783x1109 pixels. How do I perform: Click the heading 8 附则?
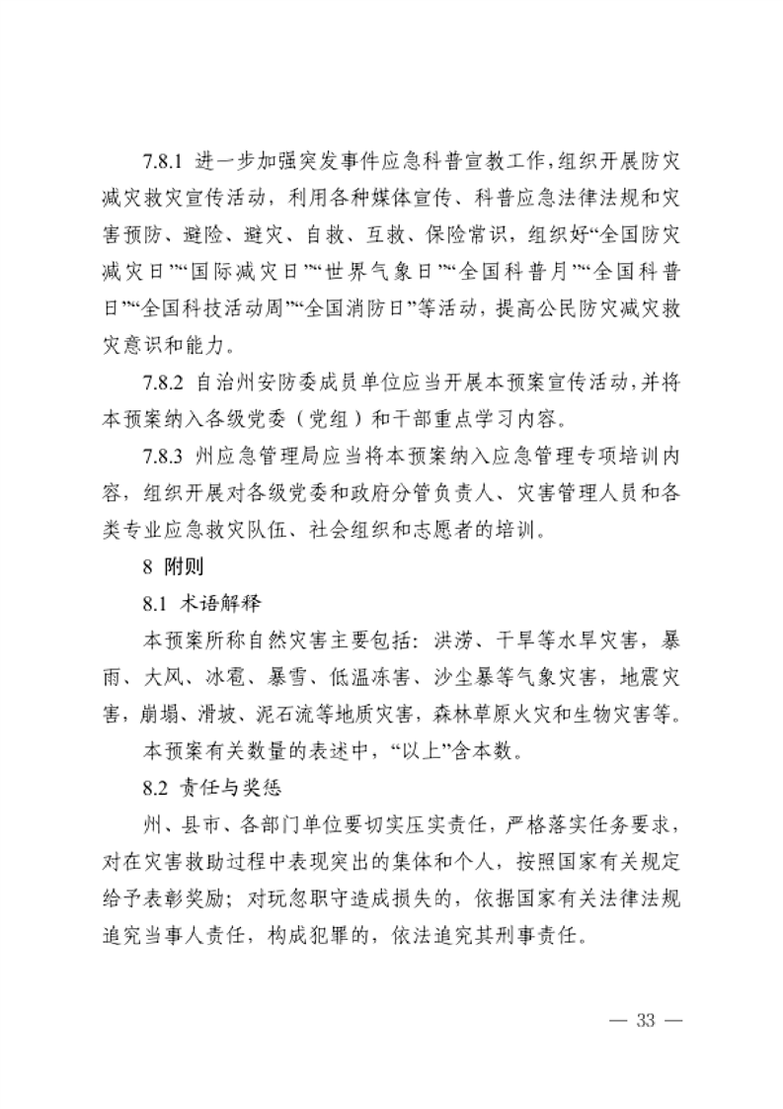point(171,568)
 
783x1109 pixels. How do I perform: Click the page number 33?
point(647,1019)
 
